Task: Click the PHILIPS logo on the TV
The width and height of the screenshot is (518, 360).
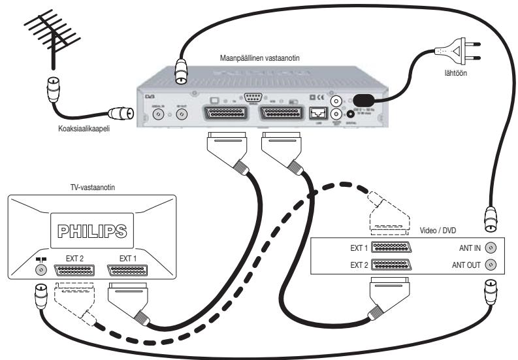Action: [93, 232]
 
